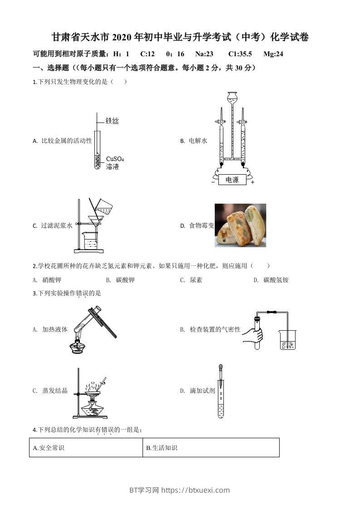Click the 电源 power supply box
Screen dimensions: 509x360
(232, 180)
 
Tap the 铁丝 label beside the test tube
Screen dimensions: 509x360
(112, 121)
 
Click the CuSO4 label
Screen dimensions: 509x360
(115, 159)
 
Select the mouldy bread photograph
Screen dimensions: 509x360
(240, 225)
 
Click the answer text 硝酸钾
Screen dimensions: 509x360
(51, 280)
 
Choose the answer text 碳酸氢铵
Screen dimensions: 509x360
(276, 280)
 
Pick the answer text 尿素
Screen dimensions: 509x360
(196, 280)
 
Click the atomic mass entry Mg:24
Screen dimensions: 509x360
(273, 54)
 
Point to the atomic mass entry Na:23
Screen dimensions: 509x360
(204, 54)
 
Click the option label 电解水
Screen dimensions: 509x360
(198, 141)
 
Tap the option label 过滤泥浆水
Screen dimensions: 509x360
(57, 225)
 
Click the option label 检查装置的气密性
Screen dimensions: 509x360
(215, 329)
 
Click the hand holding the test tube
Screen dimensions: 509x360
(252, 335)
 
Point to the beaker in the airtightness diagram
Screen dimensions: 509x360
(287, 341)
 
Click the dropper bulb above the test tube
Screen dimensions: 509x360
(221, 367)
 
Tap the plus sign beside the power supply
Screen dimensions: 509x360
(252, 182)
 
